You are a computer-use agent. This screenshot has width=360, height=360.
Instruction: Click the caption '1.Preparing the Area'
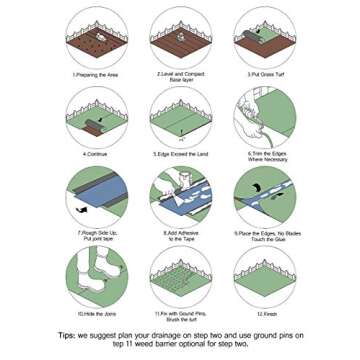95,74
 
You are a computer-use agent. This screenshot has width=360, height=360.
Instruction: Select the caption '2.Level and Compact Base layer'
179,77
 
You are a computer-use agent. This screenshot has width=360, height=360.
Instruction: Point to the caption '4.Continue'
95,155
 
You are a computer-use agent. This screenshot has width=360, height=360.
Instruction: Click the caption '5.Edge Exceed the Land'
179,155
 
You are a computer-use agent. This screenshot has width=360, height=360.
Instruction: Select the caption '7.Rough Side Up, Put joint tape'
95,239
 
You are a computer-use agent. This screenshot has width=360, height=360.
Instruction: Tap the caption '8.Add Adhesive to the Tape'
179,239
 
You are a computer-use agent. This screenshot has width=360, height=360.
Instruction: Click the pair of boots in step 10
95,283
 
